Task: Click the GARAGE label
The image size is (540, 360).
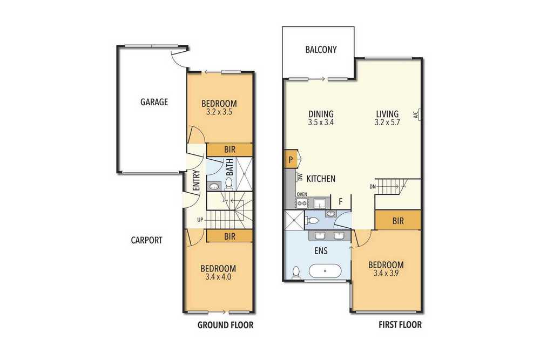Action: click(x=154, y=102)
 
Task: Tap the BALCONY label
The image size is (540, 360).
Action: click(x=321, y=50)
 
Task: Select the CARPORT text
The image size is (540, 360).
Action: click(x=146, y=240)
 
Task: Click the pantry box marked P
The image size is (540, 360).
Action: click(x=291, y=160)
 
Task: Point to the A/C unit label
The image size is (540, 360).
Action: click(x=416, y=114)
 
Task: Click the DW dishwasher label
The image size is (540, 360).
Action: click(x=300, y=177)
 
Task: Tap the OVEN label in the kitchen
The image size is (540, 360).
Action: click(x=302, y=194)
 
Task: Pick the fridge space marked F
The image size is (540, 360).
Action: click(x=341, y=201)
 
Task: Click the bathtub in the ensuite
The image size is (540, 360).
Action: click(x=325, y=271)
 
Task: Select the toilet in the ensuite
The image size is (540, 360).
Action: click(x=296, y=272)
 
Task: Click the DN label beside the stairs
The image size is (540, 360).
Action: click(x=372, y=187)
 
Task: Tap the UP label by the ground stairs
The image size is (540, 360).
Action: click(x=200, y=220)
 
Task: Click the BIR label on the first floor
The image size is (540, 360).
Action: click(x=398, y=221)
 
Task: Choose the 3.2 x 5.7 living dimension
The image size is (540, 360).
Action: click(x=387, y=122)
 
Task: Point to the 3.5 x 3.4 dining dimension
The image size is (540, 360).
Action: click(x=321, y=122)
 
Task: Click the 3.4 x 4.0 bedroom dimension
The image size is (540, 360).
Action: click(x=218, y=277)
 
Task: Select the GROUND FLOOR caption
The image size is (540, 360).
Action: click(x=225, y=325)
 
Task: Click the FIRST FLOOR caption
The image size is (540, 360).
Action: click(x=400, y=324)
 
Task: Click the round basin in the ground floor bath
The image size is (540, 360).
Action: click(x=214, y=187)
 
